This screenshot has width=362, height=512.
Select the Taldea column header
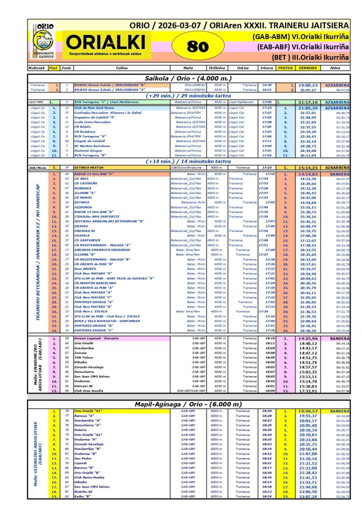[121, 67]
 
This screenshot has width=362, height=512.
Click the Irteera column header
[266, 67]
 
